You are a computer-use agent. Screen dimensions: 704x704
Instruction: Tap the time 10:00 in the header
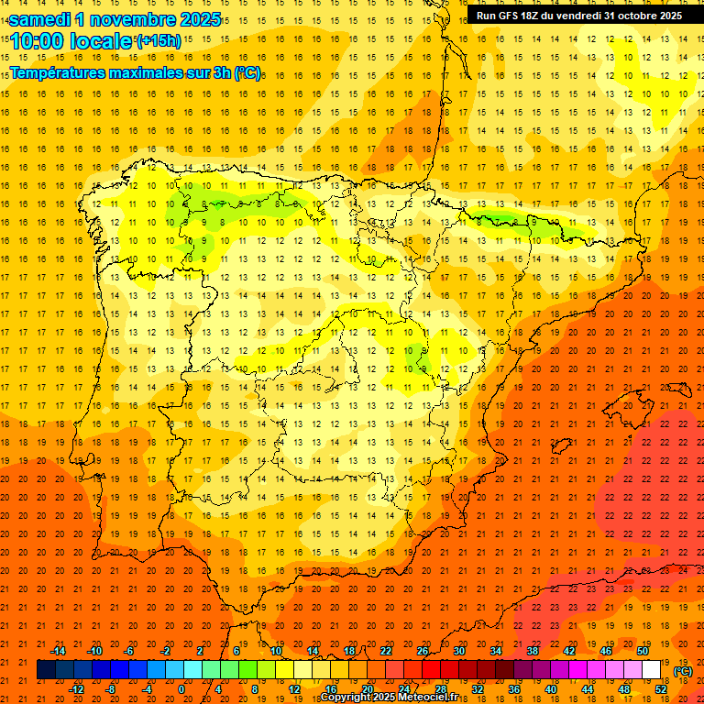[38, 41]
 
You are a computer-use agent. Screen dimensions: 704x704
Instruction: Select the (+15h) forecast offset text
[159, 41]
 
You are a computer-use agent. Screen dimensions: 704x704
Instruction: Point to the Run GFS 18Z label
[514, 16]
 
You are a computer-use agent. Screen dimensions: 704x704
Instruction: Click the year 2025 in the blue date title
[198, 19]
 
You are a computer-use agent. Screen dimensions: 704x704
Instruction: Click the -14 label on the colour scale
[58, 651]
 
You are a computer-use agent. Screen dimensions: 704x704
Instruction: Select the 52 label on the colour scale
[661, 689]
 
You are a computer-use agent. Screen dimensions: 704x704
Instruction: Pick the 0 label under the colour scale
[181, 689]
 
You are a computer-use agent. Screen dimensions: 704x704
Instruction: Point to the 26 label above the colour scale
[423, 651]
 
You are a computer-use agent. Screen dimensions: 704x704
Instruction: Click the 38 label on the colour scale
[533, 651]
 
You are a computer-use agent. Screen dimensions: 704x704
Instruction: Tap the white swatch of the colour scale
[652, 670]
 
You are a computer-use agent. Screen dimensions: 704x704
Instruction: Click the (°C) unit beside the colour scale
[683, 671]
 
